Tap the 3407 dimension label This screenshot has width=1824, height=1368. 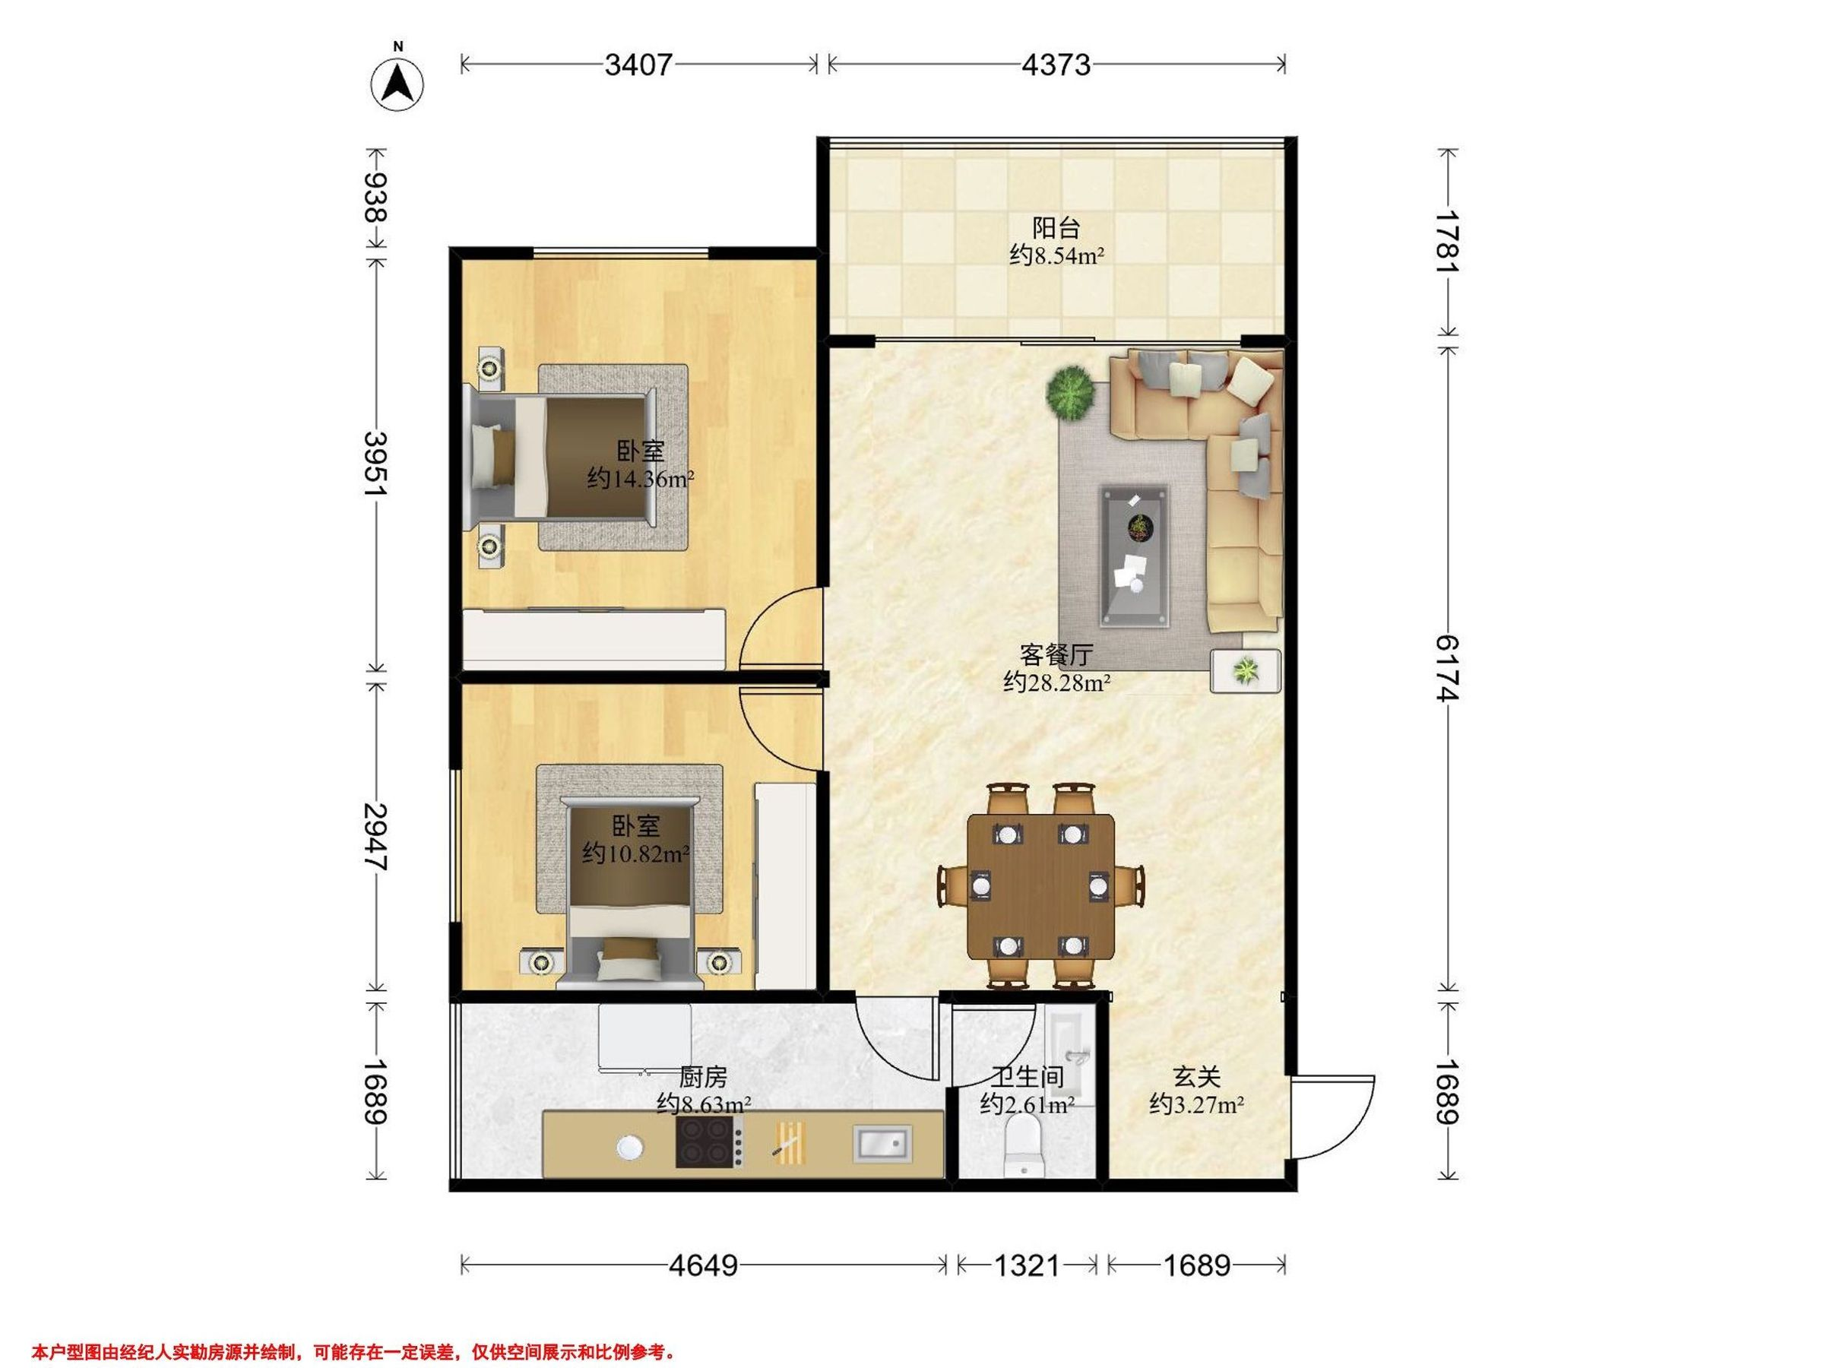click(639, 65)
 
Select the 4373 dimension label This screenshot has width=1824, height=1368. click(1056, 65)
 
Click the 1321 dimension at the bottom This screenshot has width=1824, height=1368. click(1027, 1265)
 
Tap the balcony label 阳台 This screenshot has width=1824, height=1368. click(1056, 226)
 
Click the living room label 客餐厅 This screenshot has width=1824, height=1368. click(1056, 654)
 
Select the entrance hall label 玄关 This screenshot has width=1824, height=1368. click(1196, 1076)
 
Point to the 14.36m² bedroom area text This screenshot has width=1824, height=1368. click(640, 478)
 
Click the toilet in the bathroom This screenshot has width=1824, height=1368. click(1024, 1146)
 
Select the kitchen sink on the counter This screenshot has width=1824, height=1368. click(882, 1143)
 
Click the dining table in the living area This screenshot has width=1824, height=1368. click(1040, 886)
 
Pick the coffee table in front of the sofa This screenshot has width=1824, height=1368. click(1135, 556)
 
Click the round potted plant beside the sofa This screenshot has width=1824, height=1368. click(1071, 392)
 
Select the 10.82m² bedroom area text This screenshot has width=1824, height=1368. click(636, 853)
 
